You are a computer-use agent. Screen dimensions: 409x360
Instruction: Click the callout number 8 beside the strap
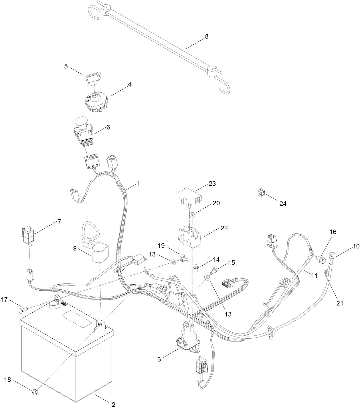pos(207,36)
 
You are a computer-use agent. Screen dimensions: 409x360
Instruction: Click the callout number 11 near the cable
pos(314,276)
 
